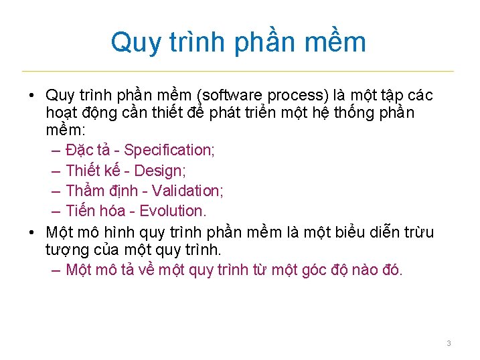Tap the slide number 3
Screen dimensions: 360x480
(449, 343)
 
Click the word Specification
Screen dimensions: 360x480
(169, 150)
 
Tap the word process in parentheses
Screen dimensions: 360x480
(295, 95)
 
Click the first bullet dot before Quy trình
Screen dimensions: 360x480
(31, 95)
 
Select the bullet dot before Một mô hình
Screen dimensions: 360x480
(31, 233)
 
